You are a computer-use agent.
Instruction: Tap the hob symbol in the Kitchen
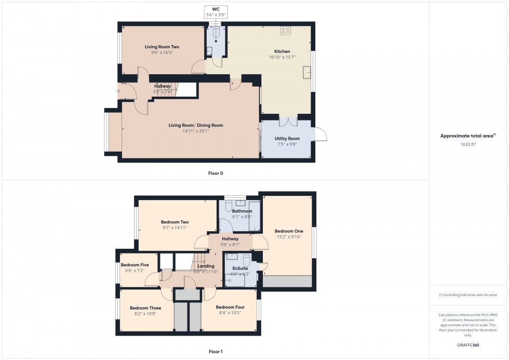point(285,31)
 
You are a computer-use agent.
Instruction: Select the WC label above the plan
point(215,9)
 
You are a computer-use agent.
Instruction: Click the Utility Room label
point(287,139)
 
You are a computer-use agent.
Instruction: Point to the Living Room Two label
point(162,47)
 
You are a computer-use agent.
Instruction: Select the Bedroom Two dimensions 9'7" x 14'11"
point(174,228)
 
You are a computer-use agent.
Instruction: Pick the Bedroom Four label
point(230,307)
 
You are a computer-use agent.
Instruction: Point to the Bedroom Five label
point(135,265)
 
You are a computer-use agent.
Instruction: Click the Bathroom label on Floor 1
point(242,211)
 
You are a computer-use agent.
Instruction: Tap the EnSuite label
point(240,268)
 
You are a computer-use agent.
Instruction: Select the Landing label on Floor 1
point(206,266)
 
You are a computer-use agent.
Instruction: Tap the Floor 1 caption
point(216,352)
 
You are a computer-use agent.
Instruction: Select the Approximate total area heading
point(467,136)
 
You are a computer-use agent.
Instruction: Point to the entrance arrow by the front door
point(118,91)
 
